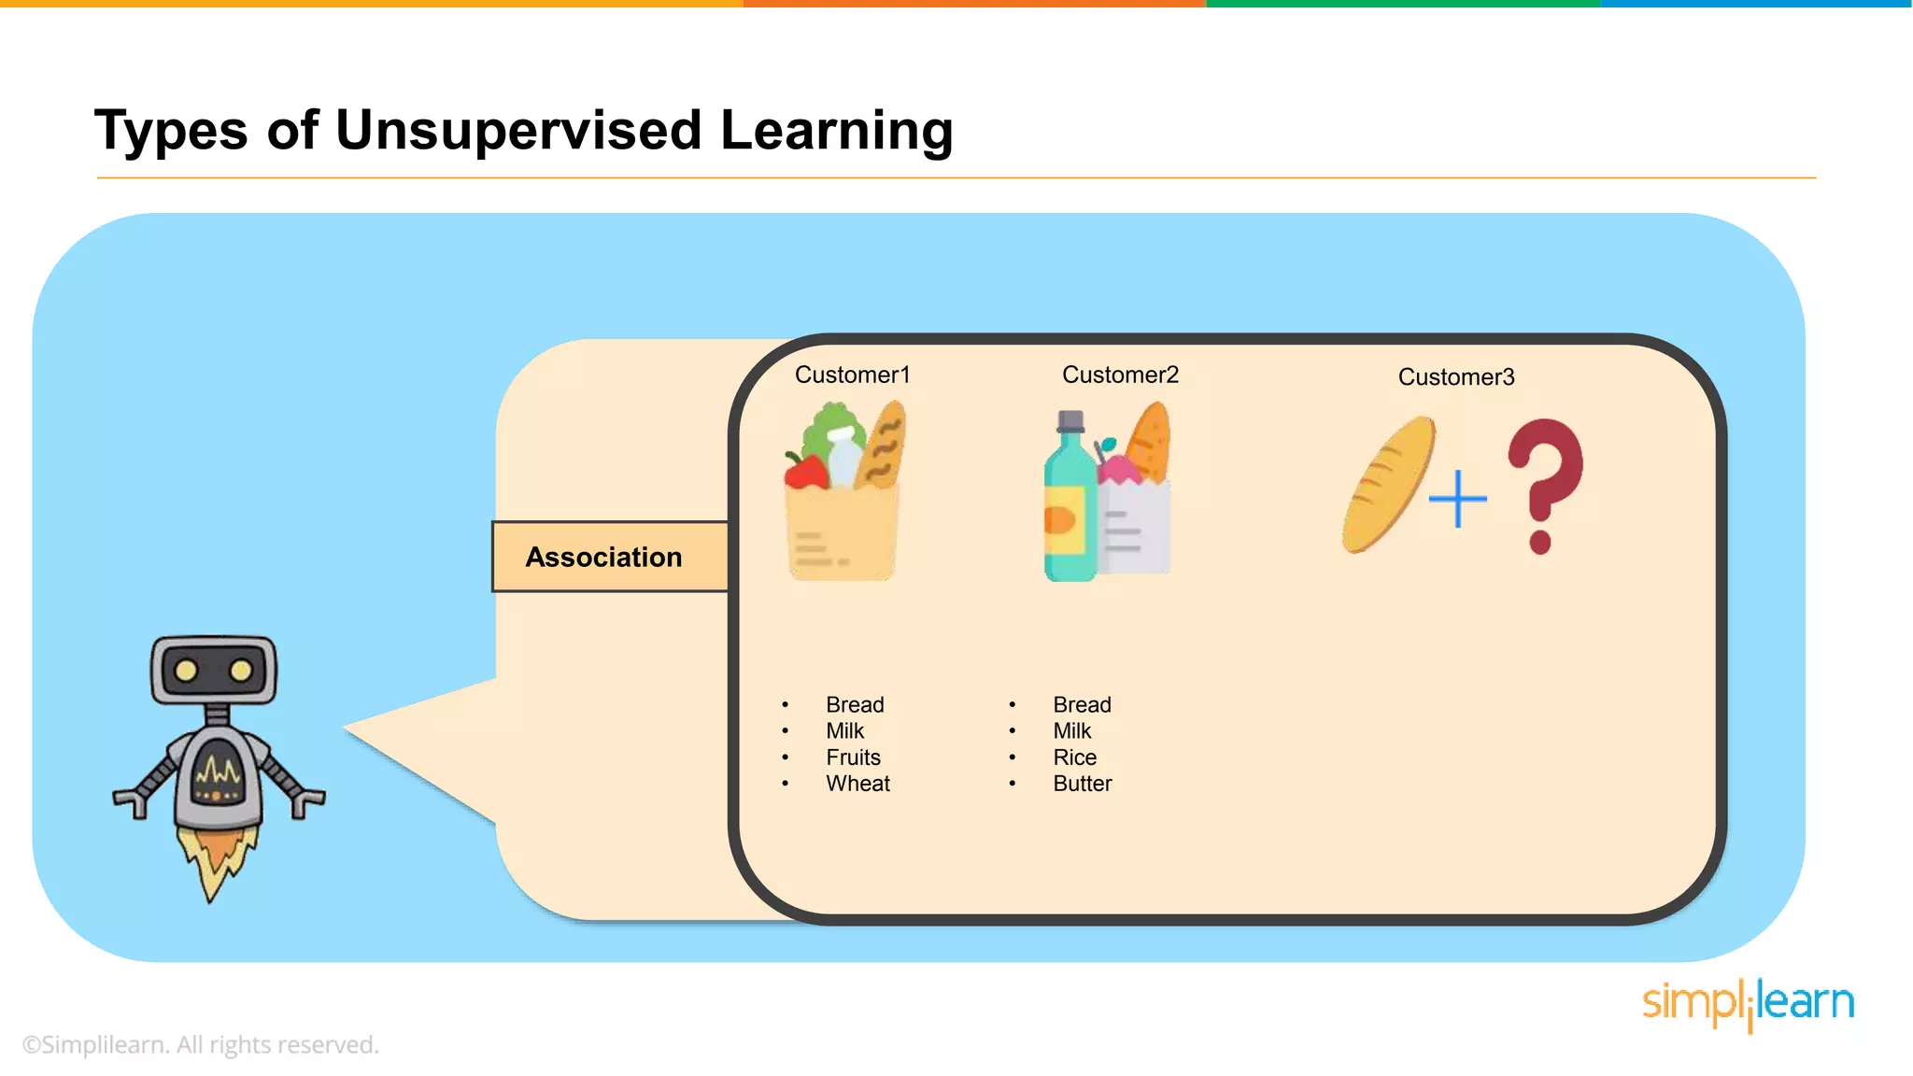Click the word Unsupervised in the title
coord(517,130)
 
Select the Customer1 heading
coord(852,375)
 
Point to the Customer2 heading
coord(1120,375)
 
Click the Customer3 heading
coord(1455,376)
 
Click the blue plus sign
coord(1457,499)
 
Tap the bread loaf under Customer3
coord(1388,484)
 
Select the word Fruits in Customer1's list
coord(853,757)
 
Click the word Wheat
coord(857,784)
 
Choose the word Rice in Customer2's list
coord(1074,757)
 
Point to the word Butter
coord(1082,784)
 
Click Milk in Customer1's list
coord(844,731)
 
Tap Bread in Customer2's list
coord(1082,705)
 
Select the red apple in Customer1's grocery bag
coord(805,472)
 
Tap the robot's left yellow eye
coord(186,671)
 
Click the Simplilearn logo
coord(1748,1004)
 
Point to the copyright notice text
coord(201,1044)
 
